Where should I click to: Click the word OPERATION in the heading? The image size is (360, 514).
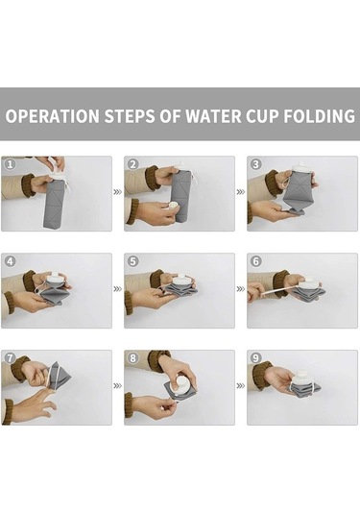(x=52, y=116)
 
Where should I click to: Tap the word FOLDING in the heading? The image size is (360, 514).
(x=319, y=116)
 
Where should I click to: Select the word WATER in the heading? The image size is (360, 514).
(x=213, y=116)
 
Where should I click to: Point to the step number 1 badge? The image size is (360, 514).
(x=10, y=164)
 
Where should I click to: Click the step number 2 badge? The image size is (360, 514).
(x=132, y=164)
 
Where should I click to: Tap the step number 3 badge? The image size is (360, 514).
(x=255, y=164)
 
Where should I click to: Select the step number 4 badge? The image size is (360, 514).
(x=10, y=261)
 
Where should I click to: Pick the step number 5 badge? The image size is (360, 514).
(x=132, y=261)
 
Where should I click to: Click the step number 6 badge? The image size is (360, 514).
(x=255, y=261)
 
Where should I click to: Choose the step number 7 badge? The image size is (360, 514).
(x=10, y=358)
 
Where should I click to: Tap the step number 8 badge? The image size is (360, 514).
(x=132, y=358)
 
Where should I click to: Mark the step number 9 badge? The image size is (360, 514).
(x=255, y=358)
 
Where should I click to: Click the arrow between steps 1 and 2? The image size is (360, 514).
(x=117, y=192)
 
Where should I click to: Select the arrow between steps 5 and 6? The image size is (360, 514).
(x=241, y=289)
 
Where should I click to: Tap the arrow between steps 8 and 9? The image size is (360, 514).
(x=241, y=386)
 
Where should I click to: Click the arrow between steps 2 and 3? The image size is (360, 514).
(x=241, y=192)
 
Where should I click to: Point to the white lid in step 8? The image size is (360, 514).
(x=181, y=384)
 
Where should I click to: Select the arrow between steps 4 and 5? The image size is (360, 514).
(x=117, y=289)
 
